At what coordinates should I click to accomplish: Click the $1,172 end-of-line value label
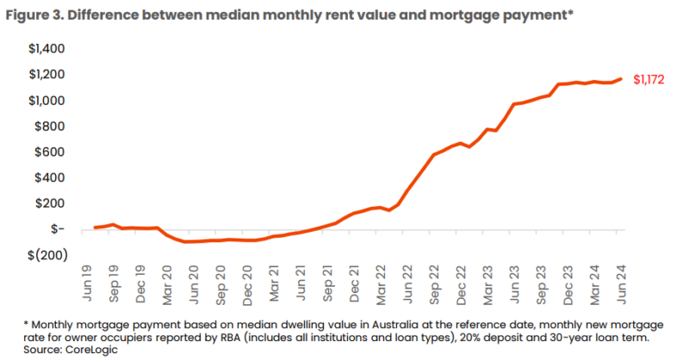click(649, 80)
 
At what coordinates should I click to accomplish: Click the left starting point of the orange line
click(95, 227)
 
